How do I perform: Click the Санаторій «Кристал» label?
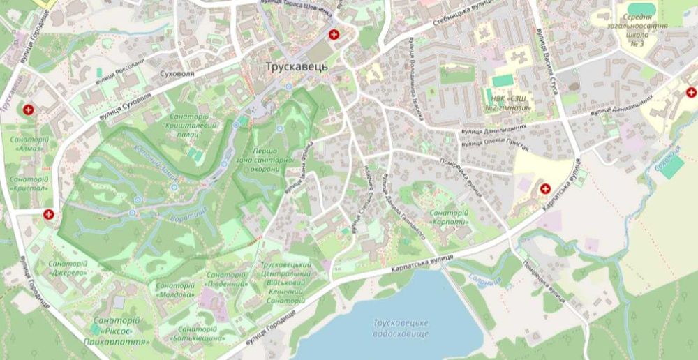click(x=29, y=183)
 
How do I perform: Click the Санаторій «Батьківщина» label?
click(x=200, y=333)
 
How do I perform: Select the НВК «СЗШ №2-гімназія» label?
click(x=508, y=104)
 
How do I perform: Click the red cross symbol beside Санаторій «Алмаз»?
click(x=28, y=110)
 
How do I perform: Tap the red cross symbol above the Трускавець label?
click(x=334, y=34)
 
